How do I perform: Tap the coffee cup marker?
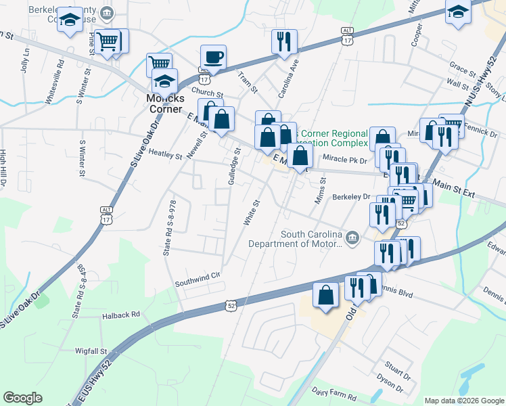(214, 57)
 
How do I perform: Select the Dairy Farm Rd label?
(334, 391)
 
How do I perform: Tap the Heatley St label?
(165, 156)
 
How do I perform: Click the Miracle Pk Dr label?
(344, 159)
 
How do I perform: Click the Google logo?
(22, 398)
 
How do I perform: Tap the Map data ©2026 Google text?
(463, 401)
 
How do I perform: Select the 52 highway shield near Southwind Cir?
(231, 307)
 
